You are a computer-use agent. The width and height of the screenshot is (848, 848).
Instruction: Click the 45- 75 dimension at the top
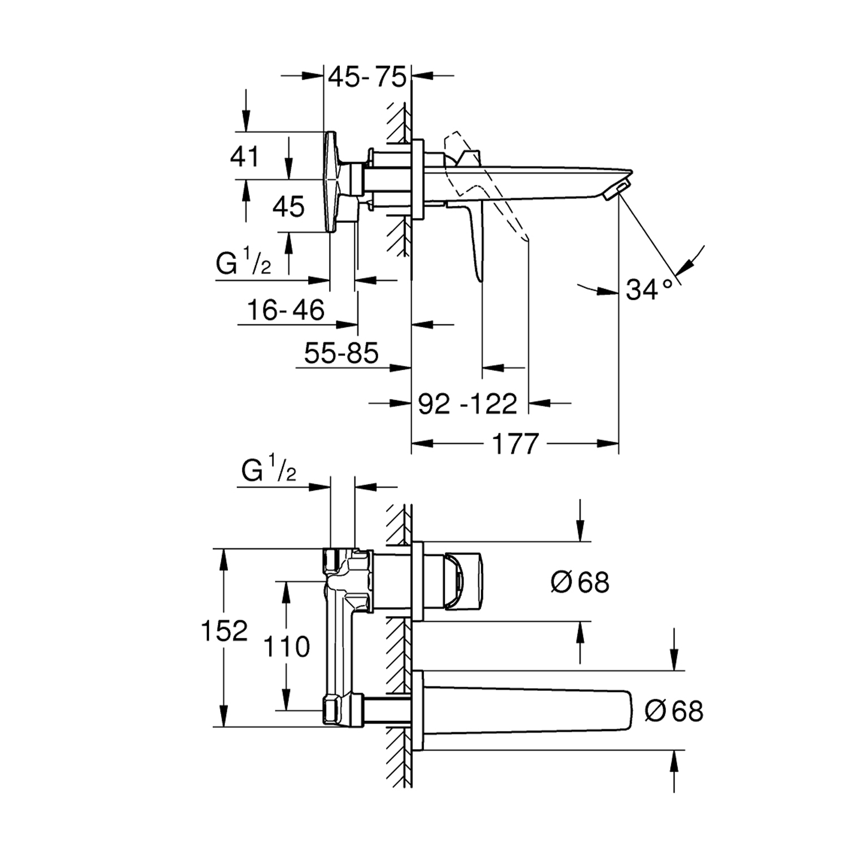[x=367, y=77]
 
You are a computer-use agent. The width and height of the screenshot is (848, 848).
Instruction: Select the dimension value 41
[x=244, y=156]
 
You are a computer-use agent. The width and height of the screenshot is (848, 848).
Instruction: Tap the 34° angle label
[x=650, y=290]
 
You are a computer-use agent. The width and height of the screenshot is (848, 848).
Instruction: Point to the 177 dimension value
[x=516, y=444]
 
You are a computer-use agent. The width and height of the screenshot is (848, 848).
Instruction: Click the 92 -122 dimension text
[x=468, y=404]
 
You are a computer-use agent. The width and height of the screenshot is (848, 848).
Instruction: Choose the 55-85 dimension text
[x=341, y=354]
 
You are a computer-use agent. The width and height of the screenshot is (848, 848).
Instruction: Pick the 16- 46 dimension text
[x=285, y=310]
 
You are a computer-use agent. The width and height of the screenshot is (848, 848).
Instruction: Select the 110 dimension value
[x=287, y=646]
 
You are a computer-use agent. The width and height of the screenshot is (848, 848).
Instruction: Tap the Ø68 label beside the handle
[x=580, y=582]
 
